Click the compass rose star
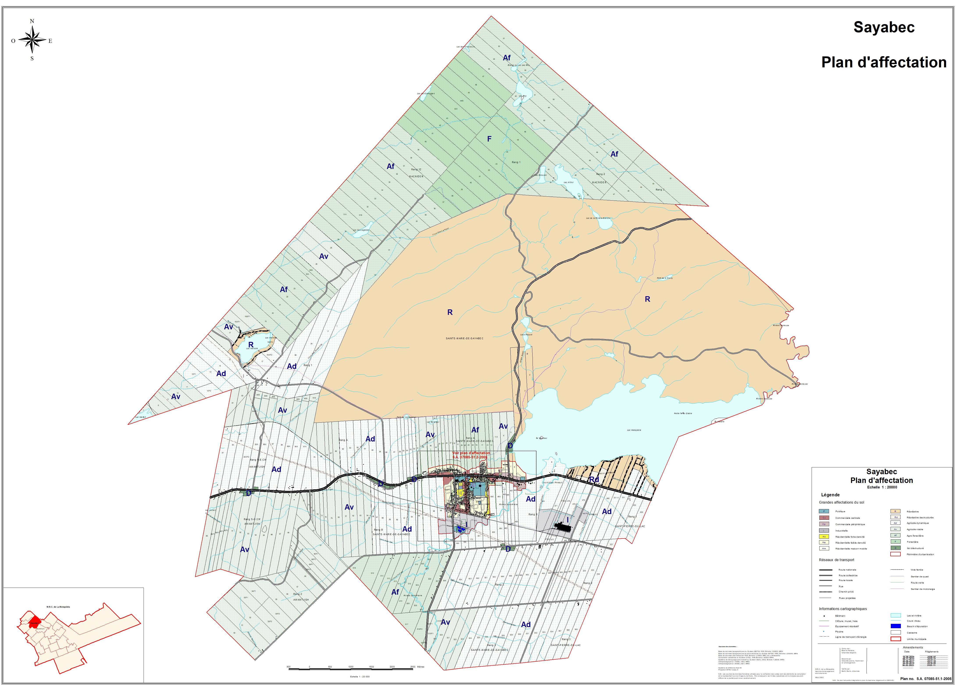[32, 40]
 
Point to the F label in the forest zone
[489, 139]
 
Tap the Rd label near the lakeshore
[594, 479]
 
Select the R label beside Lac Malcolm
[251, 345]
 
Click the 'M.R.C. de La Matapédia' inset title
[58, 607]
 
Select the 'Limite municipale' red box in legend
[895, 639]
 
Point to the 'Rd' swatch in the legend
[895, 517]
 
